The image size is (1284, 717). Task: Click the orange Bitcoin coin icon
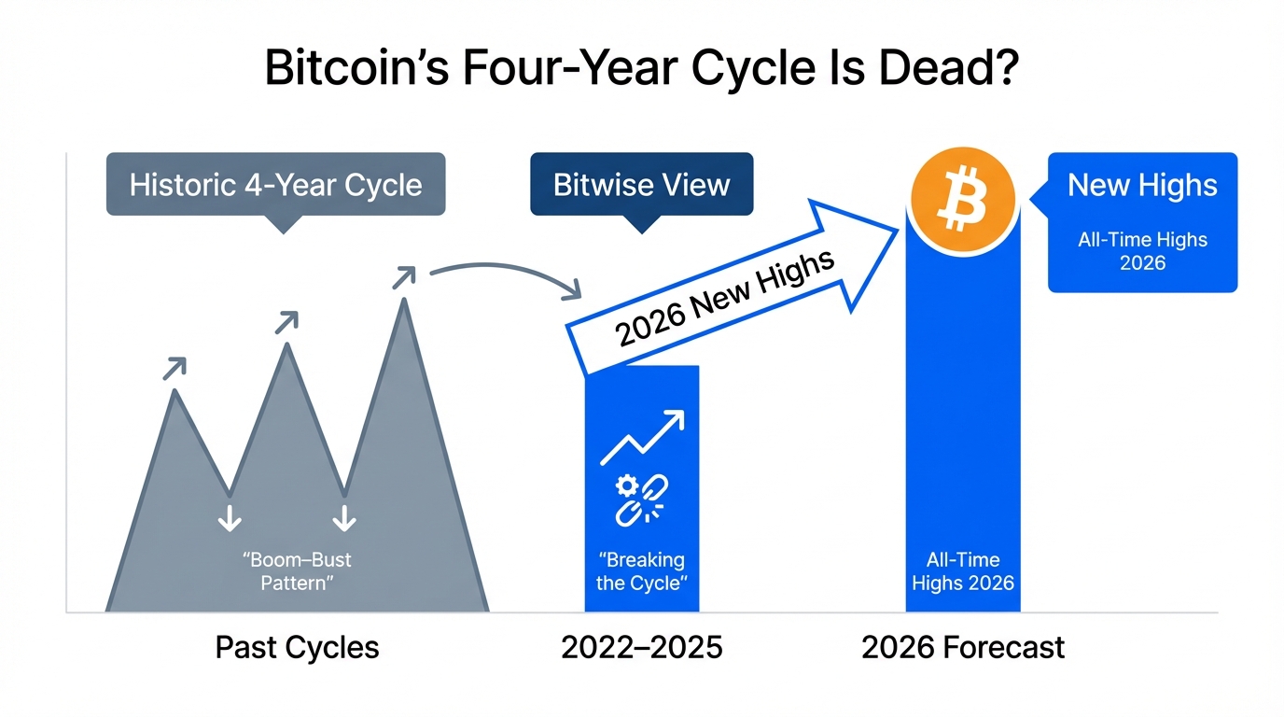[x=963, y=200]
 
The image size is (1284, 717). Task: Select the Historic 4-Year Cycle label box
[x=275, y=184]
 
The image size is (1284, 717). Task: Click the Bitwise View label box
[x=641, y=184]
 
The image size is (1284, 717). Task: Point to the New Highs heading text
[x=1142, y=185]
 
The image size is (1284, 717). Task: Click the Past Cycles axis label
[x=297, y=648]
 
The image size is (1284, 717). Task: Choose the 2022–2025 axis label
[x=641, y=648]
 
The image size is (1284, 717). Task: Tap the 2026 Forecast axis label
[x=963, y=648]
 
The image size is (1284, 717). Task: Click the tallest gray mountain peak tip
[x=405, y=300]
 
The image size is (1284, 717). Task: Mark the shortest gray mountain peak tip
[x=174, y=390]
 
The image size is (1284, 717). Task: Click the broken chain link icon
[x=642, y=500]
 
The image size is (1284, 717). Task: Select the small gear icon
[x=626, y=485]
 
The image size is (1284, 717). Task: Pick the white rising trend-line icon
[x=642, y=437]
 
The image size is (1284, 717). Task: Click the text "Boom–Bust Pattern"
[x=297, y=571]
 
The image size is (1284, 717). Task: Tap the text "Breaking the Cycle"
[x=641, y=571]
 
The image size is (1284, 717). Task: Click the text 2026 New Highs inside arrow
[x=724, y=299]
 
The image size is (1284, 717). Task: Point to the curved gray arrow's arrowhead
[x=573, y=289]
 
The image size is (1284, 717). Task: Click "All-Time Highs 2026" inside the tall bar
[x=963, y=571]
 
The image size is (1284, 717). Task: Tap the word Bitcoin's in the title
[x=356, y=67]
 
